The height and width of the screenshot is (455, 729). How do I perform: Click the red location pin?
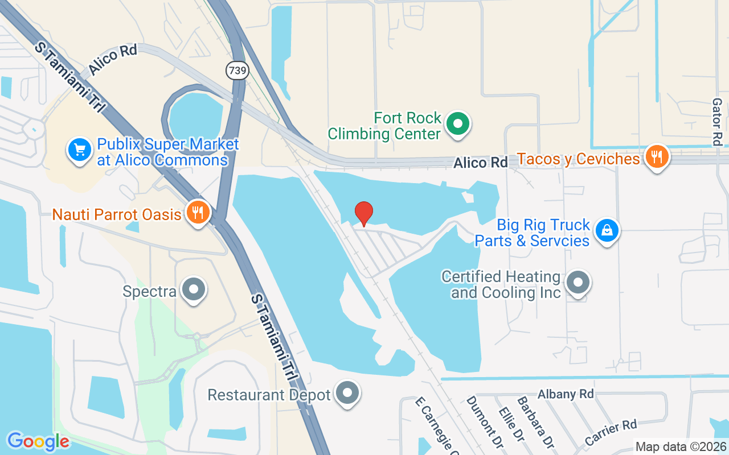point(364,214)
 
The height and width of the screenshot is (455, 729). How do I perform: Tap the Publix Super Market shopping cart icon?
point(80,150)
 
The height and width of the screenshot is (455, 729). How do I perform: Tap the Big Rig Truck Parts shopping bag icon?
point(607,231)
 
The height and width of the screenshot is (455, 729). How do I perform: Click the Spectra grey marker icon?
point(194,289)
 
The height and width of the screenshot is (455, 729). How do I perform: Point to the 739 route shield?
point(237,71)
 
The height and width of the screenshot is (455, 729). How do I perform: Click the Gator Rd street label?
point(717,122)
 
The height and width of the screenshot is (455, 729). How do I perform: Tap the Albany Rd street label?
point(566,394)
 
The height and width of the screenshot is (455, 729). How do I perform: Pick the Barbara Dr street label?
point(536,421)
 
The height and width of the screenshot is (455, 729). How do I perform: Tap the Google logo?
point(38,441)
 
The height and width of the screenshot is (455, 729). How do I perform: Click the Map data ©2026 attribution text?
point(681,447)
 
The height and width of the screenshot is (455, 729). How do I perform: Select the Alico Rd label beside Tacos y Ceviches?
point(480,163)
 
